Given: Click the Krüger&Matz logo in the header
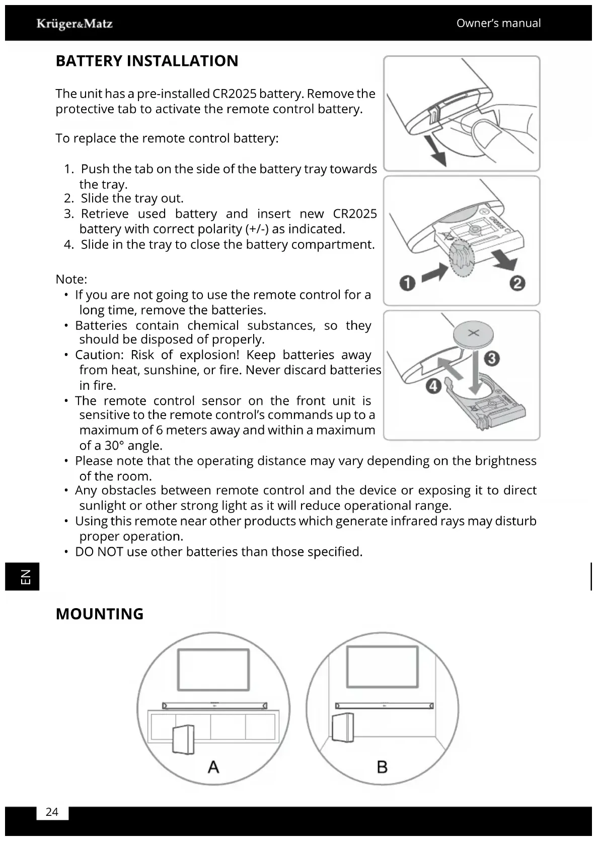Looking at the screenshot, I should pyautogui.click(x=74, y=24).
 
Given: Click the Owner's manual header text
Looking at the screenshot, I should pyautogui.click(x=498, y=23).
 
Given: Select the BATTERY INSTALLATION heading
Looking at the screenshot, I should pyautogui.click(x=147, y=61).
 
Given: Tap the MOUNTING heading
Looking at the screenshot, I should pyautogui.click(x=100, y=614).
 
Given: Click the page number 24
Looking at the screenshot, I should pyautogui.click(x=52, y=812).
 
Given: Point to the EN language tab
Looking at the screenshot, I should pyautogui.click(x=23, y=576).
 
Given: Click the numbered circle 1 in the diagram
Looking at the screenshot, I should pyautogui.click(x=407, y=283).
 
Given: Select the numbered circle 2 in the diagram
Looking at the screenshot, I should pyautogui.click(x=517, y=283).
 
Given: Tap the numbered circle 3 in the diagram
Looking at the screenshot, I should pyautogui.click(x=491, y=359).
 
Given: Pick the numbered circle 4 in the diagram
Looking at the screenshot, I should pyautogui.click(x=433, y=386).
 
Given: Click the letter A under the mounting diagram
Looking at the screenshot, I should pyautogui.click(x=213, y=767).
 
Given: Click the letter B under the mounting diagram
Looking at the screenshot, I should pyautogui.click(x=382, y=767).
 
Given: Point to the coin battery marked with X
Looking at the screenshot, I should pyautogui.click(x=474, y=333).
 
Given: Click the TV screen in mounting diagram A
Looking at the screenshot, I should pyautogui.click(x=213, y=670).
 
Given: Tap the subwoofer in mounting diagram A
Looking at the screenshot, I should pyautogui.click(x=183, y=739).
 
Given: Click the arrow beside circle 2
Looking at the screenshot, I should pyautogui.click(x=505, y=261).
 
